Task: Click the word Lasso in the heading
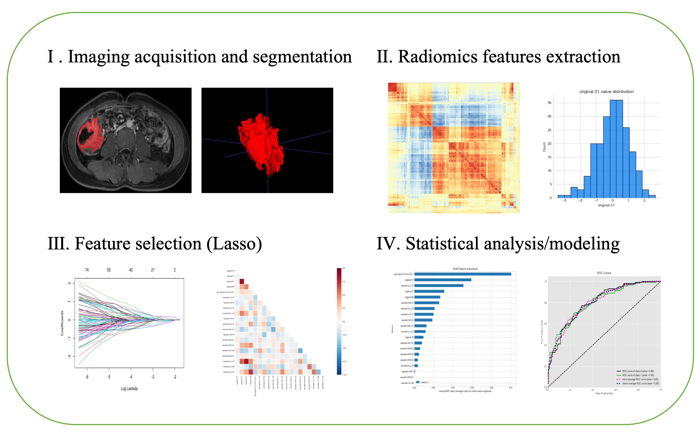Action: (234, 244)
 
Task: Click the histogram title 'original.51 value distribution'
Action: (606, 92)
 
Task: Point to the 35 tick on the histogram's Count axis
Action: (549, 103)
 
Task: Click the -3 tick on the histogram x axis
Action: (564, 200)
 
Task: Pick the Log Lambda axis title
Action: (129, 389)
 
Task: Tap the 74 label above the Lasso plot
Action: (87, 270)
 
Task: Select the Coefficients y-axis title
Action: (62, 323)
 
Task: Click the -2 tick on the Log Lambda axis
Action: (175, 377)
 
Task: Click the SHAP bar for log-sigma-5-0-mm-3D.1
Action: (462, 274)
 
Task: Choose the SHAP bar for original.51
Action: (442, 280)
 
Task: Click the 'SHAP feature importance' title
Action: (465, 269)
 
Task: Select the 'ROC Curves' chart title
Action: (604, 273)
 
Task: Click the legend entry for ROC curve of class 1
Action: (638, 375)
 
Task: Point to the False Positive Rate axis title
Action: (604, 393)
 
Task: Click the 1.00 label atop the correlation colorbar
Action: (343, 268)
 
